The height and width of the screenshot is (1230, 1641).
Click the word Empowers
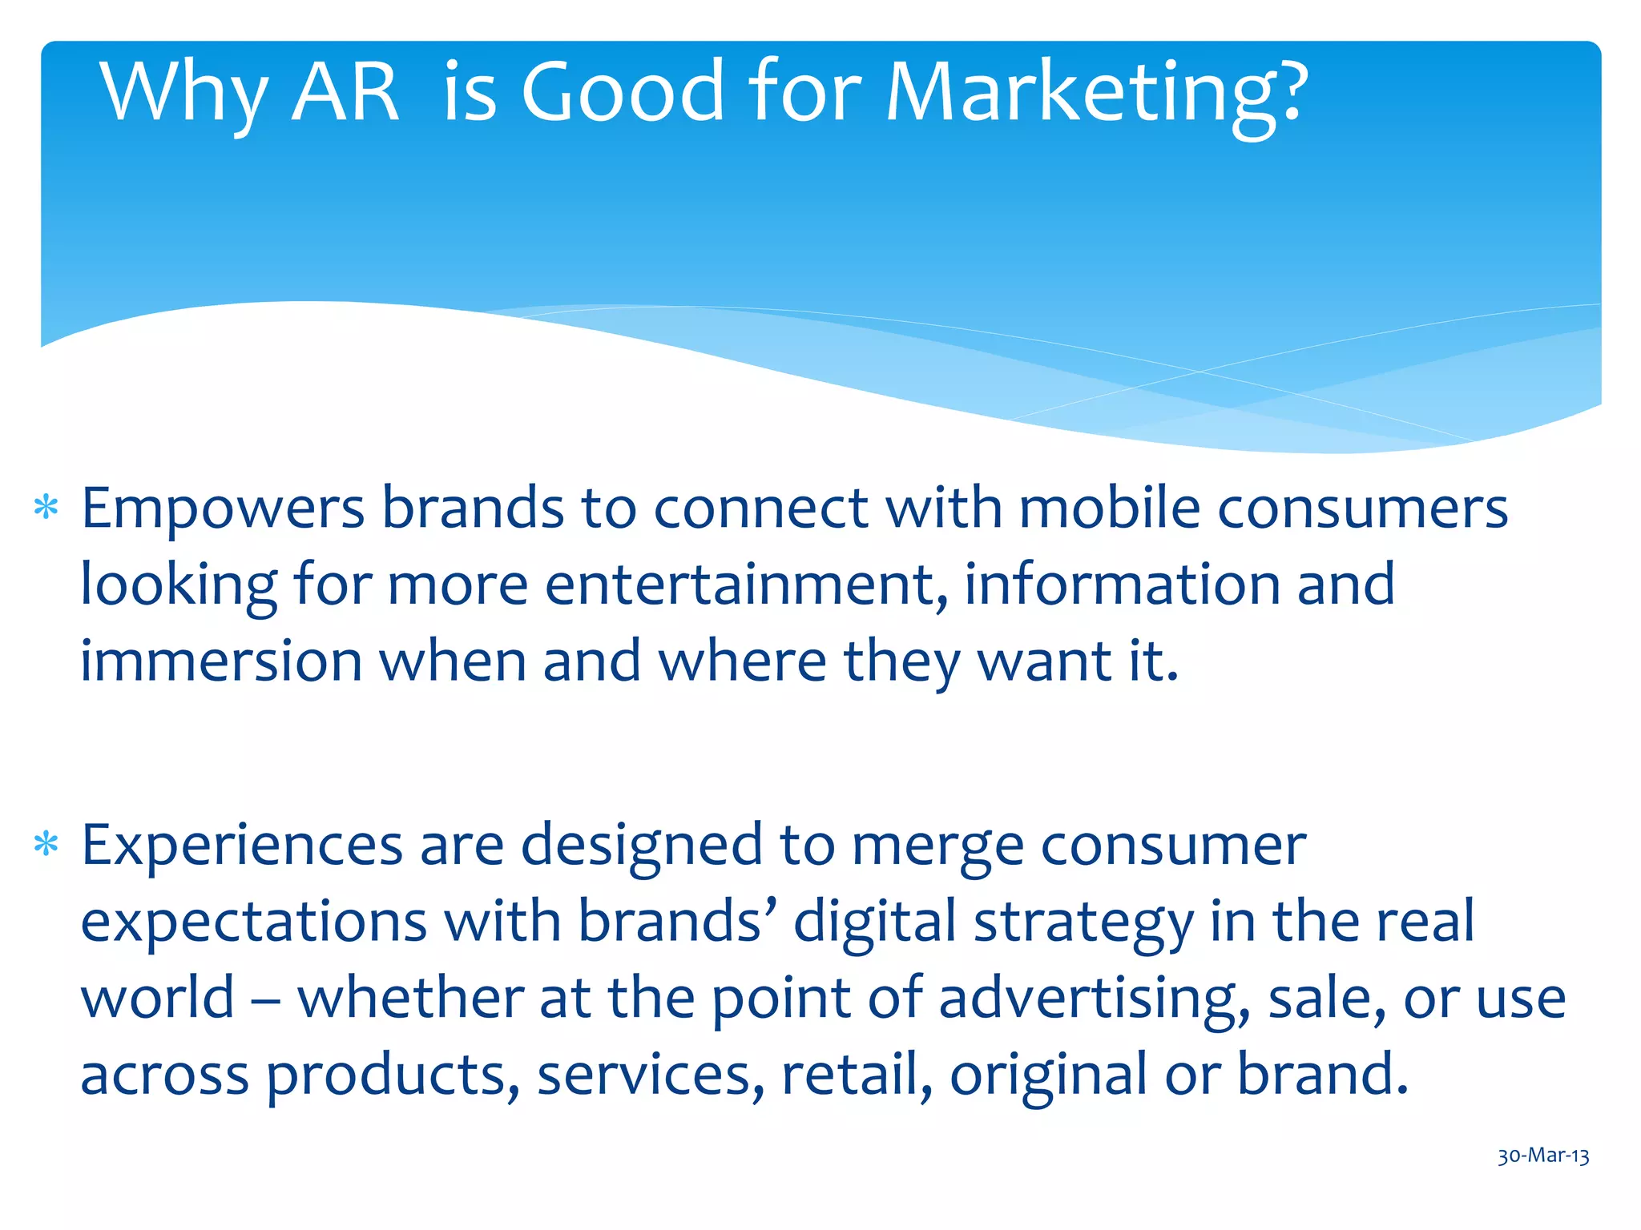click(x=223, y=509)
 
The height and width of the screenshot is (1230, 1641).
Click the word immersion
click(x=221, y=661)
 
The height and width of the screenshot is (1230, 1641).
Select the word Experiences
click(x=242, y=846)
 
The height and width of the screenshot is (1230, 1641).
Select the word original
click(x=1048, y=1076)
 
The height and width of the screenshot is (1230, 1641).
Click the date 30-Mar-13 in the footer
click(x=1543, y=1156)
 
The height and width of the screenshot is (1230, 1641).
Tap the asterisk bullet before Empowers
click(x=46, y=508)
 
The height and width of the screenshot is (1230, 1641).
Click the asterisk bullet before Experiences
click(x=46, y=845)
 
